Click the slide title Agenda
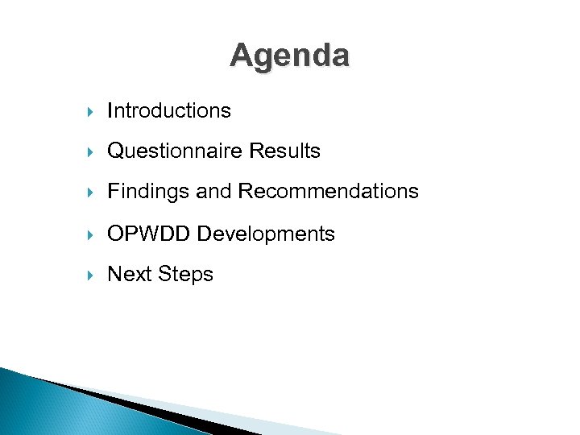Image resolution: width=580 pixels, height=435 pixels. tap(289, 56)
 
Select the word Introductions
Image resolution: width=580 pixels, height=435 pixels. tap(169, 110)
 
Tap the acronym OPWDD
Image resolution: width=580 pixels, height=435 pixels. tap(150, 234)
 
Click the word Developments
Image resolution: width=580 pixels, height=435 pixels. tap(267, 234)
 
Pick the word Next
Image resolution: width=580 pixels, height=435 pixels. tap(130, 274)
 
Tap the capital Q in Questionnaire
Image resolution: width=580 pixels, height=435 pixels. tap(115, 151)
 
